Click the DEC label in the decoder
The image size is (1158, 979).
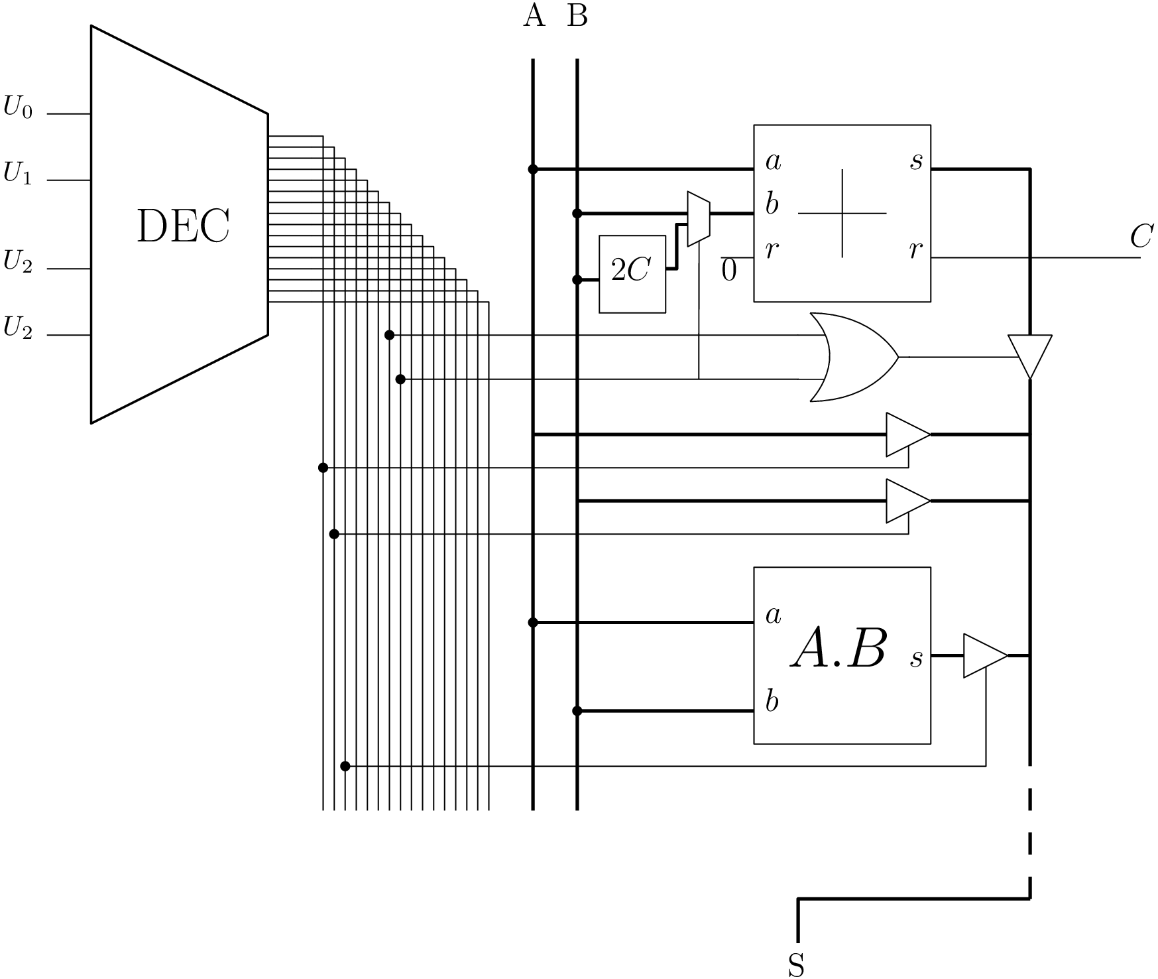click(183, 226)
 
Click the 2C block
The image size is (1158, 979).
click(632, 274)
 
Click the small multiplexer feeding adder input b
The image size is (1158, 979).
click(699, 219)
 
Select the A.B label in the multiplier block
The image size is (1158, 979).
click(839, 649)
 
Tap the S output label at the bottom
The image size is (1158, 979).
click(797, 965)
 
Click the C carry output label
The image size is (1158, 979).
click(1141, 236)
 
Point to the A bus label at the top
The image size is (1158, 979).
click(534, 15)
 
